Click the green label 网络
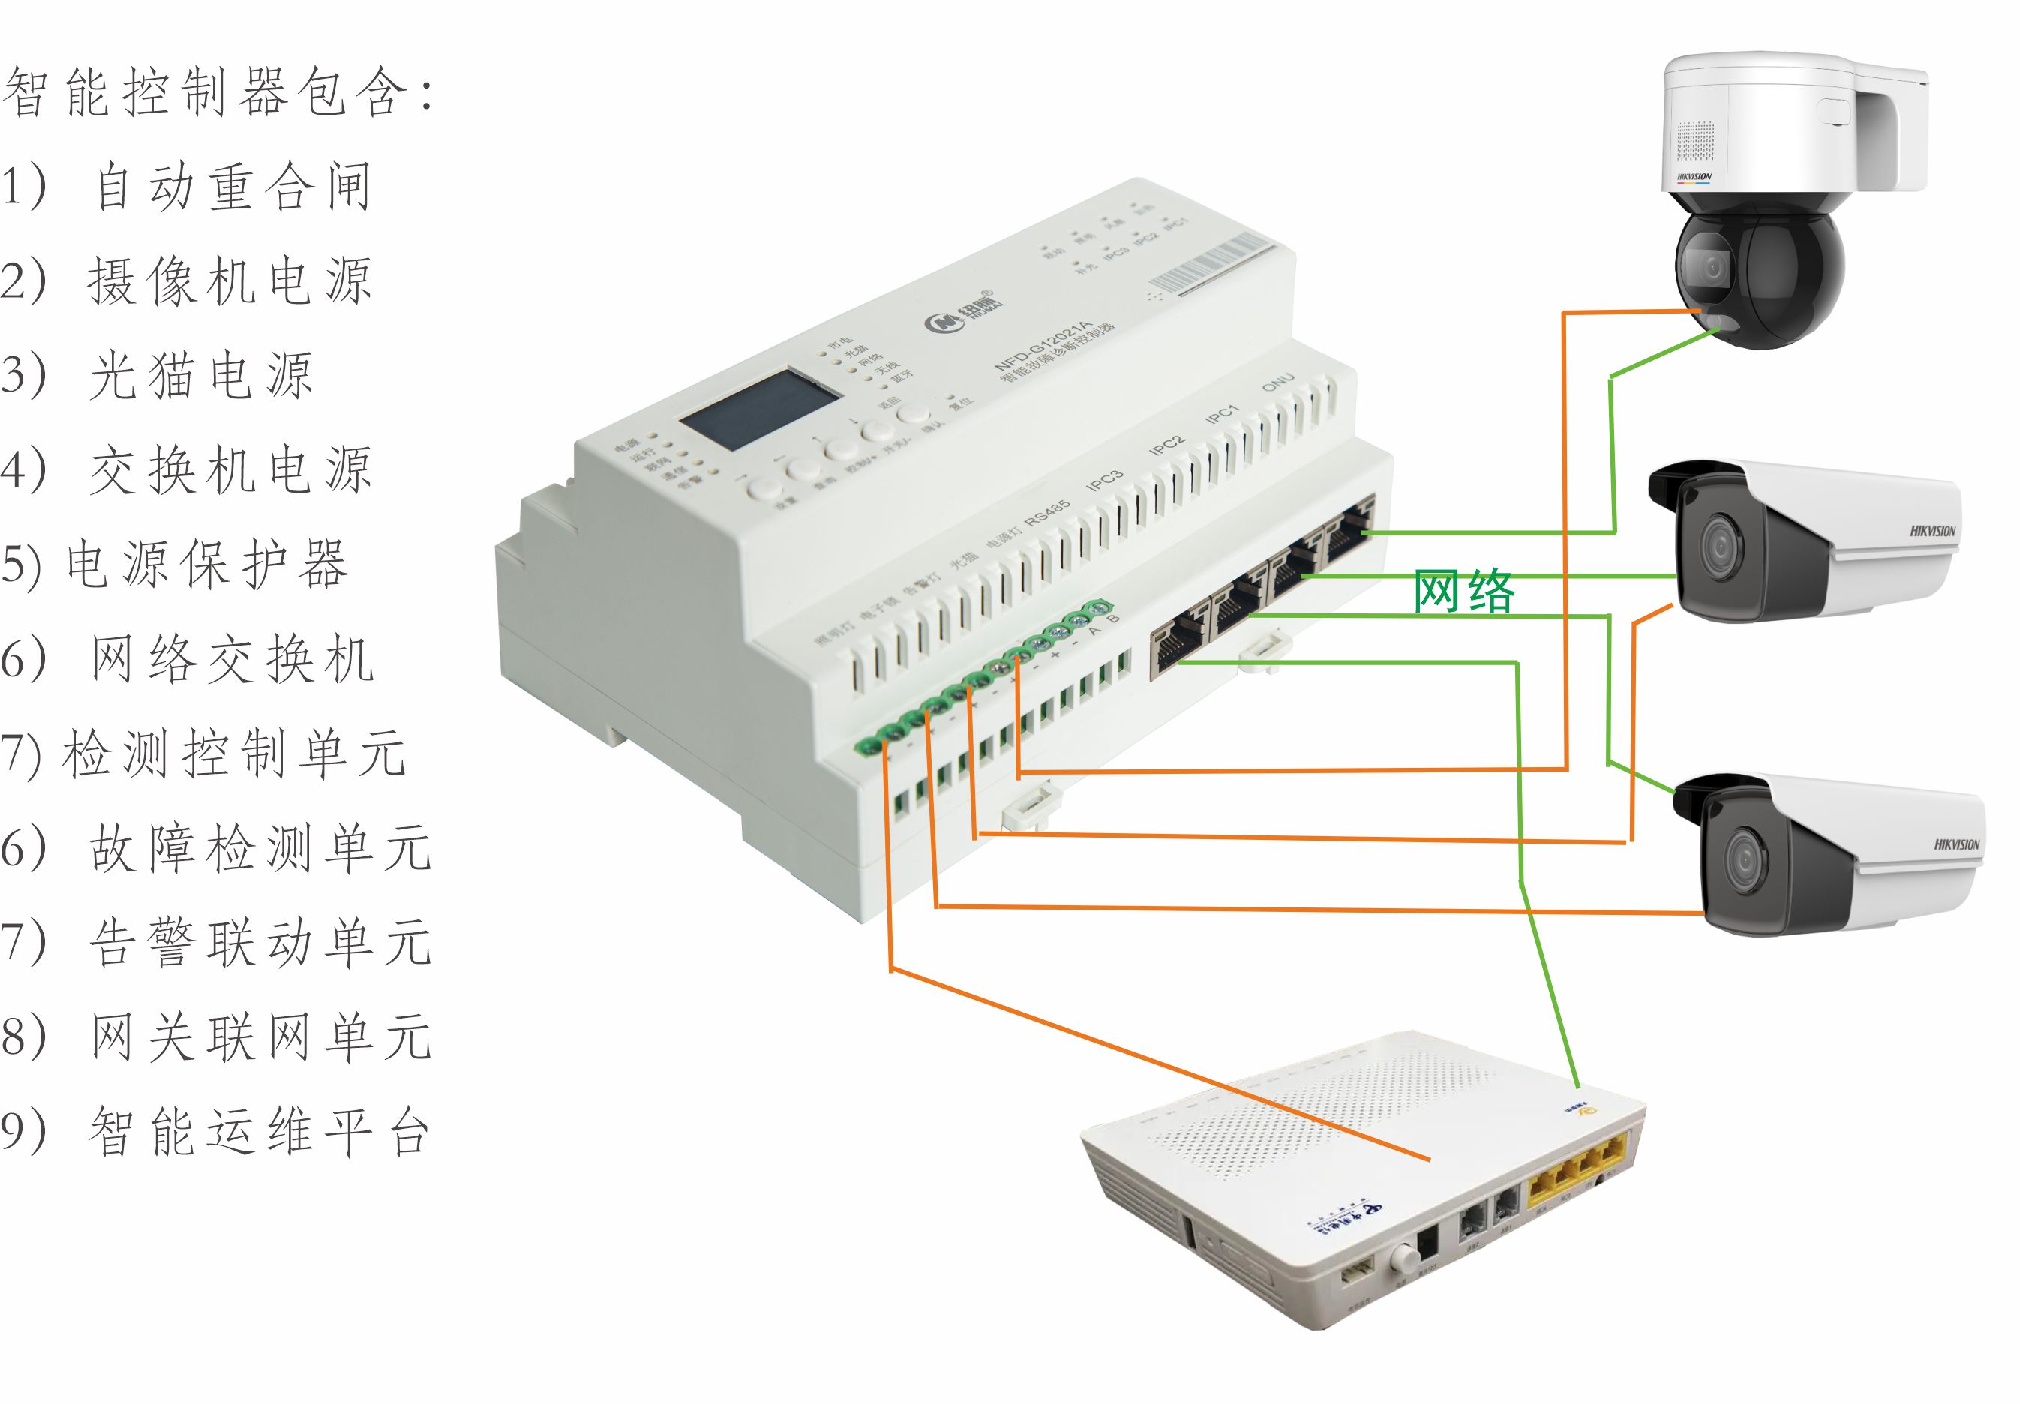(1464, 592)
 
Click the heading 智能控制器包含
(215, 92)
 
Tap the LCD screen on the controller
(759, 410)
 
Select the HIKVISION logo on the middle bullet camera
(1932, 531)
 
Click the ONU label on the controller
(1277, 382)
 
